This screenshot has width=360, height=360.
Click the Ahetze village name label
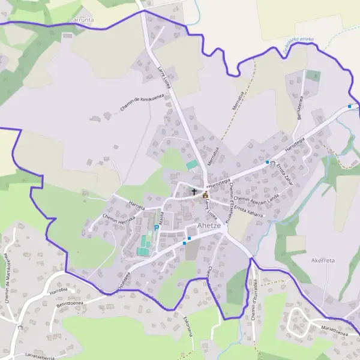210,226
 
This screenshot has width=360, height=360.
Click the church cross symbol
194,192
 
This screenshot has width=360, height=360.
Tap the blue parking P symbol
157,227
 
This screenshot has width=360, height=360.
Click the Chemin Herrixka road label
118,221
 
